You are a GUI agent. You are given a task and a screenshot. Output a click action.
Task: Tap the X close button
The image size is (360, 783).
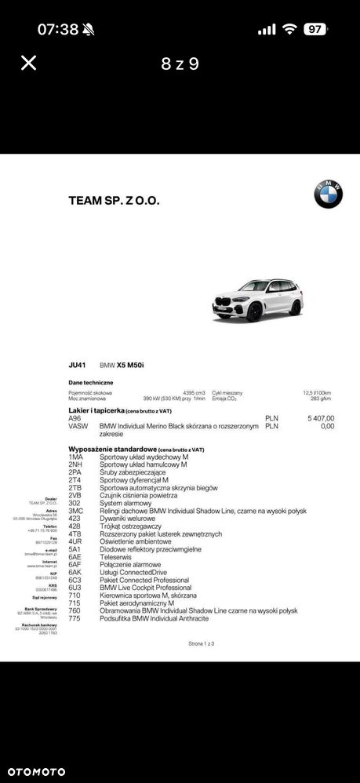(28, 63)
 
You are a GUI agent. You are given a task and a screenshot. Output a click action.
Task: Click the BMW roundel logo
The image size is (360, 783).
(329, 194)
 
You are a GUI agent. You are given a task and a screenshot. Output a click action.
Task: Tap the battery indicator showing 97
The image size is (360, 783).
(316, 29)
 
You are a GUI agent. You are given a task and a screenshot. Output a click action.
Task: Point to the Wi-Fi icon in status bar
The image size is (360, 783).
(289, 29)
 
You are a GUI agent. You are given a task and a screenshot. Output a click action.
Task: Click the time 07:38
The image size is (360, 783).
(58, 30)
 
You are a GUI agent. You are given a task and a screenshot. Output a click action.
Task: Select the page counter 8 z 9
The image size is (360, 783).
(180, 64)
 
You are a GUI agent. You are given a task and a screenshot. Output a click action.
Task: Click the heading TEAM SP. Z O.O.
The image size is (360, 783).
(114, 200)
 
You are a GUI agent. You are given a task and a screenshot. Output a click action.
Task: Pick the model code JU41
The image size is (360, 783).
(77, 366)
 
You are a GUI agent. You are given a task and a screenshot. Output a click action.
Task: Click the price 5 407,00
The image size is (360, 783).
(321, 418)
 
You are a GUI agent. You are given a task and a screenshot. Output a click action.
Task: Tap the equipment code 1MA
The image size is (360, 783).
(75, 457)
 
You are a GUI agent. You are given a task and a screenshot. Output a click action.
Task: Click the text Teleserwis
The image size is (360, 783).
(116, 556)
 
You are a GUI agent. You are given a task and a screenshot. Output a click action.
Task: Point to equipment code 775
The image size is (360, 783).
(75, 618)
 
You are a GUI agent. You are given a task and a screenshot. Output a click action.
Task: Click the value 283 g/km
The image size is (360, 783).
(321, 399)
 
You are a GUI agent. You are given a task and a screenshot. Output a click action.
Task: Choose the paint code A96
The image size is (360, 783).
(75, 418)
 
